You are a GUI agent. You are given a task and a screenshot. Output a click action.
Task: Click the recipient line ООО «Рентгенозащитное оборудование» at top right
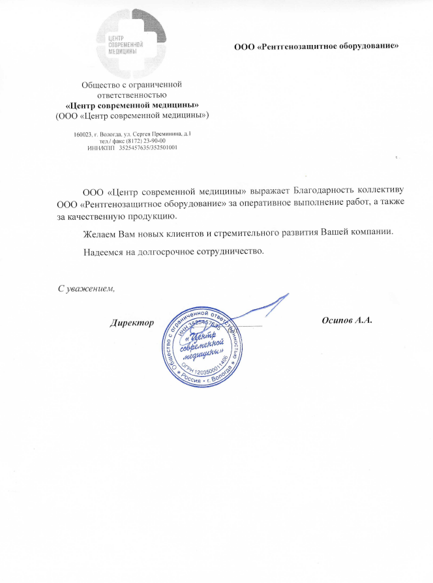pos(316,45)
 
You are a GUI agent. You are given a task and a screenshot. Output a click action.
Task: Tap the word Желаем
pos(100,233)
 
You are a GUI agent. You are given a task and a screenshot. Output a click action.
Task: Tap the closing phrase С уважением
pos(86,289)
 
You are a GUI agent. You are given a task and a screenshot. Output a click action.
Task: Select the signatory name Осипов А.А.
pos(347,321)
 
